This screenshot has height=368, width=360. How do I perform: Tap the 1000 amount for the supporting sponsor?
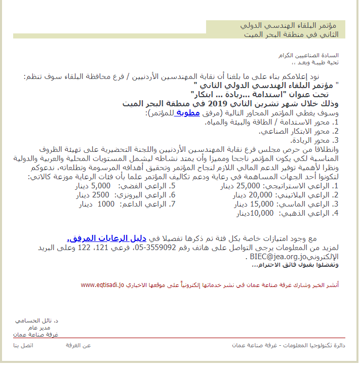tap(106, 205)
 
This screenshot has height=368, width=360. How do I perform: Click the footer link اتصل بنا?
tap(23, 345)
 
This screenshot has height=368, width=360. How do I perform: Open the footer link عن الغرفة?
tap(78, 345)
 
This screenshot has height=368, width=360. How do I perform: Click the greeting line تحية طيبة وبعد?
tap(317, 63)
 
